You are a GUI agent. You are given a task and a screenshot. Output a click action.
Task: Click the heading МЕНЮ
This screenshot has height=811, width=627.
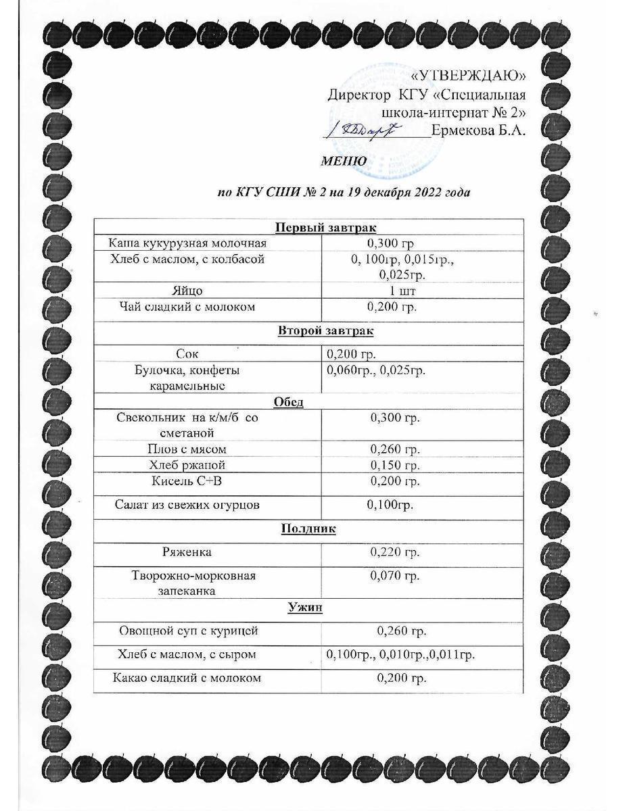coord(344,161)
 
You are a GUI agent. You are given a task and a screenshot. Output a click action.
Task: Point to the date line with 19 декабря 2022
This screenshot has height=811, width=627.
coord(344,193)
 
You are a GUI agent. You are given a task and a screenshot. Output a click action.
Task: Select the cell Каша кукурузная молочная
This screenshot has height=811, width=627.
coord(188,243)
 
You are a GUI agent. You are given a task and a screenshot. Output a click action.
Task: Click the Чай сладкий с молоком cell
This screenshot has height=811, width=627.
coord(187,307)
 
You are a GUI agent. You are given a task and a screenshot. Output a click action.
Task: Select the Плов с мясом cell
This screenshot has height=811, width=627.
coord(187,449)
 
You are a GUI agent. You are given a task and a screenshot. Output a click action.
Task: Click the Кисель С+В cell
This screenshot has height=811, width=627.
coord(187,481)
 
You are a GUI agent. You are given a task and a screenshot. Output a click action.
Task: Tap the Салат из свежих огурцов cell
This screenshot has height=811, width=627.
coord(187,504)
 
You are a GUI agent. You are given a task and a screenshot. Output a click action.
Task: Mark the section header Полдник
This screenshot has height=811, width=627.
coord(308,529)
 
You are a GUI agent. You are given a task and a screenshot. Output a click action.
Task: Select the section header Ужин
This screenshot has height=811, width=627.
coord(304,608)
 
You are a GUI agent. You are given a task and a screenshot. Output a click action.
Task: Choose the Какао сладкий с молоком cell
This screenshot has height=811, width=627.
coord(187,677)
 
